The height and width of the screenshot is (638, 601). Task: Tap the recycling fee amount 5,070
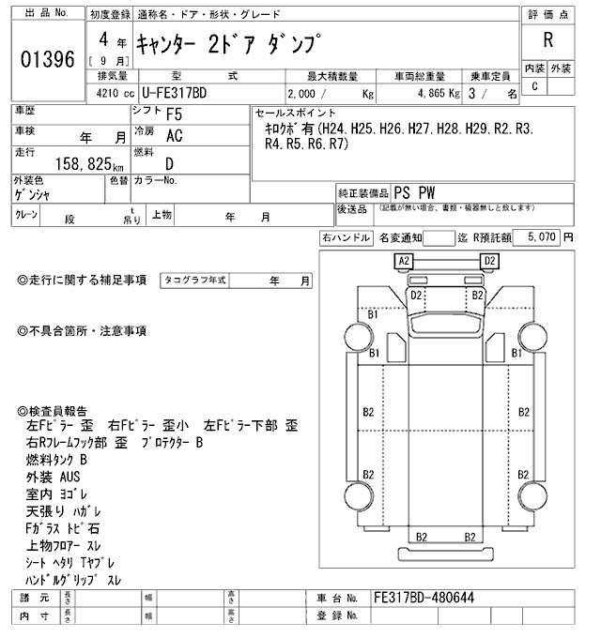(x=543, y=238)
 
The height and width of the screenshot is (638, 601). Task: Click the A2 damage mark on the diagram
(x=405, y=260)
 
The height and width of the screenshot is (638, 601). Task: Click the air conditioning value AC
(x=174, y=135)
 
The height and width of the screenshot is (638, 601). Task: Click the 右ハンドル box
(x=345, y=238)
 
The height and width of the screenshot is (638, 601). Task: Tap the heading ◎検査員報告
(x=53, y=410)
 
